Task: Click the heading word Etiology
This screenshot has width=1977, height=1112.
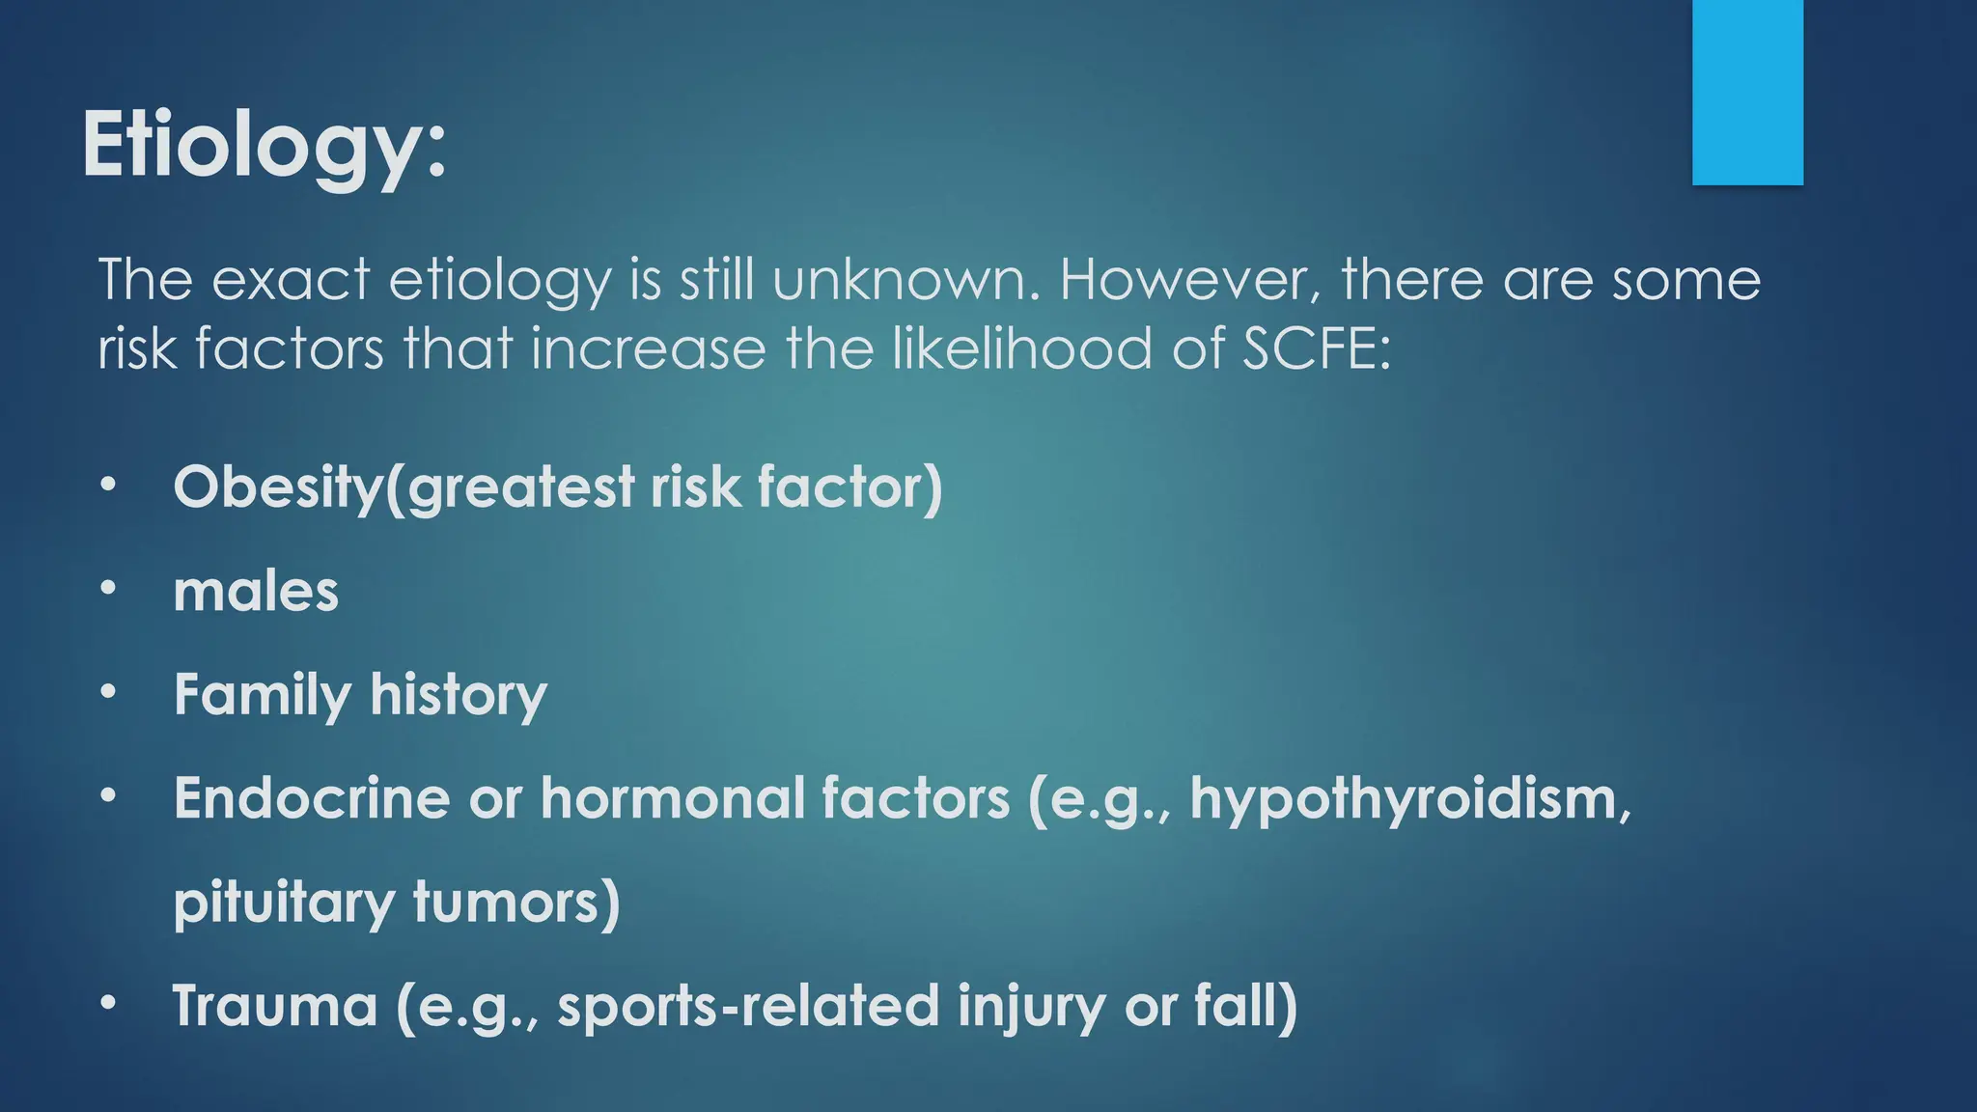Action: click(263, 145)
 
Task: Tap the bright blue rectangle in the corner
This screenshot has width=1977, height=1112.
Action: click(1747, 92)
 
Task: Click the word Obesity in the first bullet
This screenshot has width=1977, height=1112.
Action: click(277, 486)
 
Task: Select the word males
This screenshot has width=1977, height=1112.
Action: click(256, 591)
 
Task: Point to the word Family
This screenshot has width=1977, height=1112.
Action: click(262, 695)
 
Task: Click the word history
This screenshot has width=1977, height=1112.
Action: click(458, 695)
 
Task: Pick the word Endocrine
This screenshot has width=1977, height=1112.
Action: click(312, 799)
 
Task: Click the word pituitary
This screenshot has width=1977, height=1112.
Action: click(284, 903)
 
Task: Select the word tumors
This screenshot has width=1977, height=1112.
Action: click(515, 903)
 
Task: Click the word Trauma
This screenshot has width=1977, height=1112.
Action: click(275, 1006)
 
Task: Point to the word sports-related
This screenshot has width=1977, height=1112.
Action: click(748, 1006)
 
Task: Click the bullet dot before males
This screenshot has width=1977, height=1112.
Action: click(108, 587)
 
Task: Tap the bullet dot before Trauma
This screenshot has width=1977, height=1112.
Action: click(108, 1003)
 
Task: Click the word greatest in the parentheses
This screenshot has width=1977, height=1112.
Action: click(521, 486)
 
